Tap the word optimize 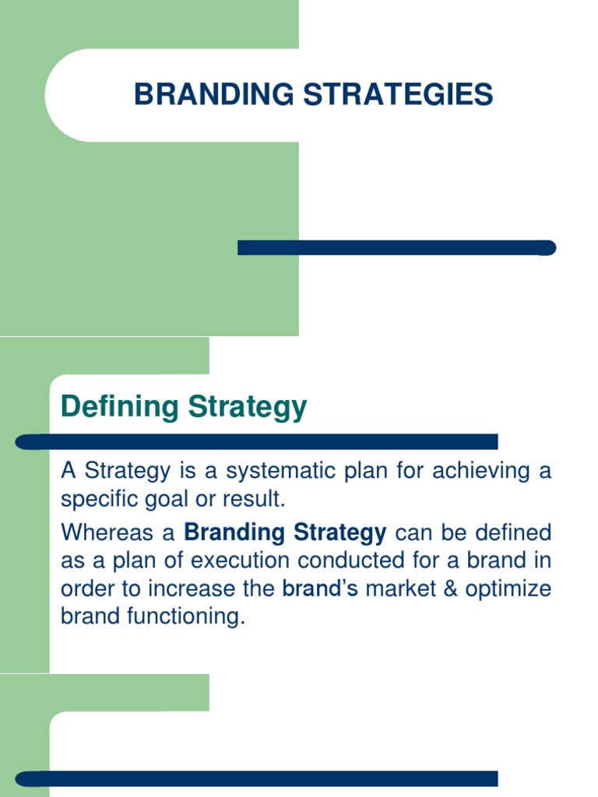pos(508,589)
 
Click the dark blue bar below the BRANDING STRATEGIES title pos(396,248)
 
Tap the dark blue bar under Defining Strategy pos(257,442)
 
